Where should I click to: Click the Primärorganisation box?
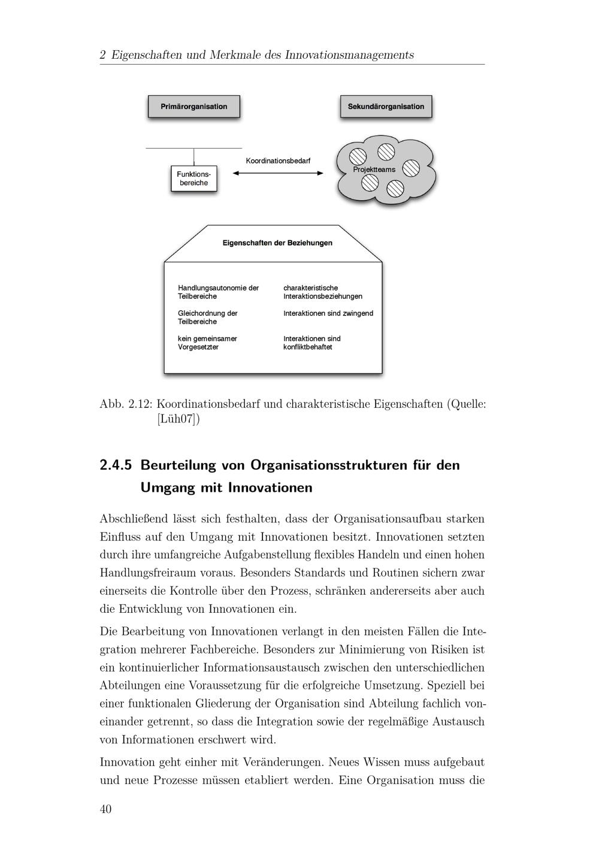193,107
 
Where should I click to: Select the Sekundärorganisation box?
386,107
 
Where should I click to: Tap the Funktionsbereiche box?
193,179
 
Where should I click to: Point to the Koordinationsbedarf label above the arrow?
278,161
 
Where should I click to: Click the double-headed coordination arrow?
278,173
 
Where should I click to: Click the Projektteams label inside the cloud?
374,170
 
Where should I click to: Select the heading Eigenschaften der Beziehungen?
277,243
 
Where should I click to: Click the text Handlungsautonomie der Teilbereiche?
218,292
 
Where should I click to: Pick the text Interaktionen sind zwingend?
328,313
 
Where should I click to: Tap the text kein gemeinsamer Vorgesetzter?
207,343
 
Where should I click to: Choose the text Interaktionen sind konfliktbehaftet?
311,343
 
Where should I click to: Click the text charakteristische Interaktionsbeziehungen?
322,292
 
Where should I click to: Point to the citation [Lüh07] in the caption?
178,419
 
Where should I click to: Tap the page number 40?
105,809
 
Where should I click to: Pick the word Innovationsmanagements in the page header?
349,55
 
